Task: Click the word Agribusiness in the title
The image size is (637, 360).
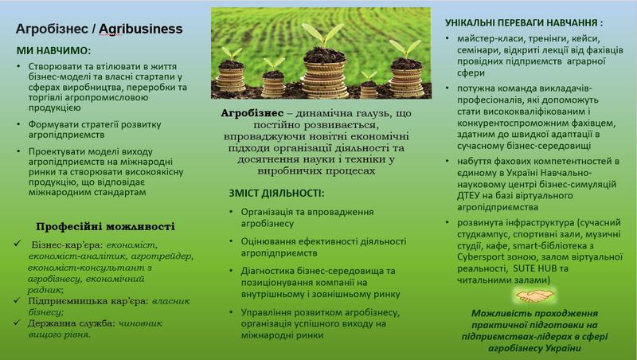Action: coord(141,29)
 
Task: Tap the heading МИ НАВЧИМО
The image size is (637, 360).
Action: coord(53,51)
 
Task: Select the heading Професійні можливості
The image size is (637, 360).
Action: coord(105,226)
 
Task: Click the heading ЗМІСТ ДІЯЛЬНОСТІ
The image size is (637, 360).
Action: coord(276,194)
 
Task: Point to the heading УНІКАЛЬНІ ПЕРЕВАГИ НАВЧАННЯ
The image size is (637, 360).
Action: coord(524,23)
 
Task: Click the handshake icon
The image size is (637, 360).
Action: coord(533,295)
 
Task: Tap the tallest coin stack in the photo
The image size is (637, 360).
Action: coord(324,73)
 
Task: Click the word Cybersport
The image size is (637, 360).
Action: coord(479,257)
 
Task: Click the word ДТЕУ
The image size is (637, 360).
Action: coord(469,196)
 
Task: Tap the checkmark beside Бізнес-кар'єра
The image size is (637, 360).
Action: coord(18,244)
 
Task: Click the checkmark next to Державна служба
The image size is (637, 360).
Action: coord(17,323)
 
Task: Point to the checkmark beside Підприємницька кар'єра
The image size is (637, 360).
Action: coord(17,300)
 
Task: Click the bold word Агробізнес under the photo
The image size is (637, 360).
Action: coord(252,113)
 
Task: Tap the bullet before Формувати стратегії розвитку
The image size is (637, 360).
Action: coord(18,124)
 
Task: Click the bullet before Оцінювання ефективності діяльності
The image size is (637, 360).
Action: coord(231,241)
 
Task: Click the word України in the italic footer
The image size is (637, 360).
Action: coord(565,348)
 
